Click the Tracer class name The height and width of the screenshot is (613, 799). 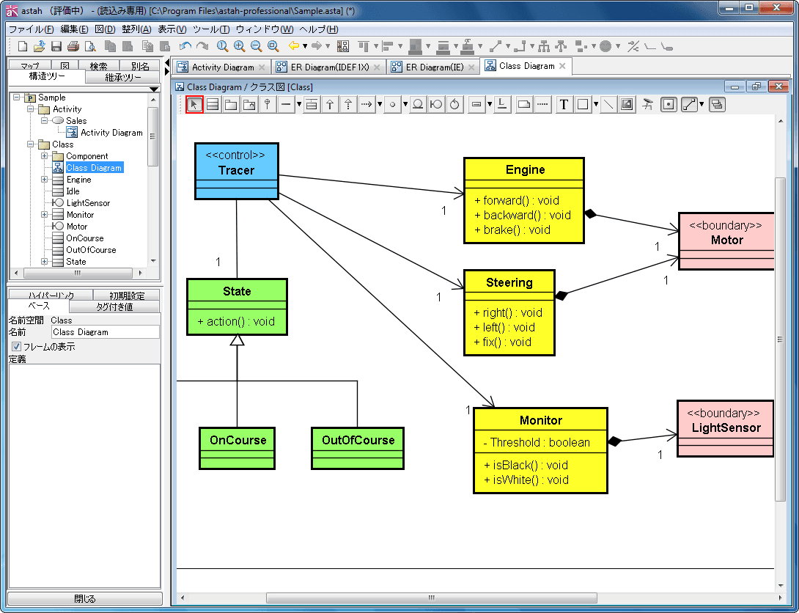237,170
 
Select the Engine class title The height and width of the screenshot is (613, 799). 525,169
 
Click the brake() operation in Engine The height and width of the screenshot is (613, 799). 512,230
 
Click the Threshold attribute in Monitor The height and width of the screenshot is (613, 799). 537,442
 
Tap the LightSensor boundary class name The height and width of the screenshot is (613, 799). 726,428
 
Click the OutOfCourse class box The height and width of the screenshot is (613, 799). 358,449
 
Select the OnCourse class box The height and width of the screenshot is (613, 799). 237,449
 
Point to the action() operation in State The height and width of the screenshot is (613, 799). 236,322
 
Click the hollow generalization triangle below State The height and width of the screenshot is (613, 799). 237,340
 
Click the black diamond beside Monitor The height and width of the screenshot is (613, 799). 614,441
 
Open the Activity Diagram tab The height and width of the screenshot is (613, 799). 222,67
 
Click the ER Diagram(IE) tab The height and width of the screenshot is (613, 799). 434,67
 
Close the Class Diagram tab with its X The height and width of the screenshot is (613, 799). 562,66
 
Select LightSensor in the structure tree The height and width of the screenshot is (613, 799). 88,203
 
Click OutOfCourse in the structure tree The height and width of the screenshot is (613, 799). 91,250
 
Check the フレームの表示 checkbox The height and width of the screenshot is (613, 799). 16,347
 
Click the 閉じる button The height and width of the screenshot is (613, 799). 84,599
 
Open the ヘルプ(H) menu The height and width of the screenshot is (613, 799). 318,29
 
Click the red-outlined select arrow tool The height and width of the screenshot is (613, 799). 194,104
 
